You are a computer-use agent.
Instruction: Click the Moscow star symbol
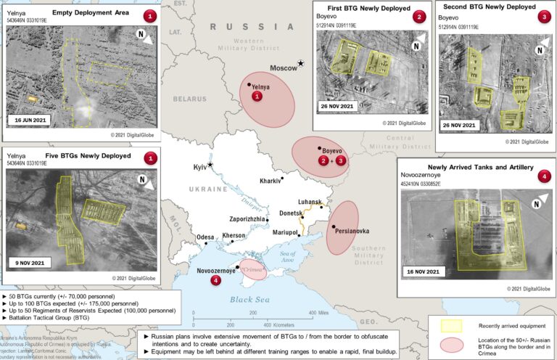tap(301, 65)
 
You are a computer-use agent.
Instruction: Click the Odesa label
tap(205, 237)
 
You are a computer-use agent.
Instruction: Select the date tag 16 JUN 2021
tap(33, 120)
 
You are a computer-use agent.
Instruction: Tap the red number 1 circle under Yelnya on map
tap(255, 97)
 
